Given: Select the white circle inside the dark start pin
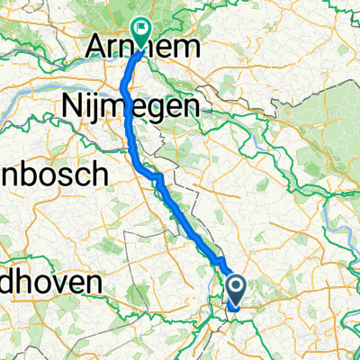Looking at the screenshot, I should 237,287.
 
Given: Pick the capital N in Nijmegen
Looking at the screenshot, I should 71,107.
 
